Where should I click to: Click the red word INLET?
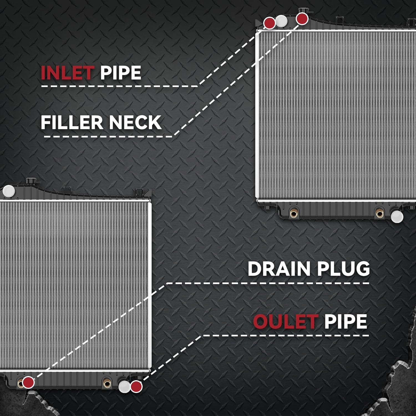(x=67, y=73)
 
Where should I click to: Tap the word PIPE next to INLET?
(x=121, y=73)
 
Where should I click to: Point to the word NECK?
(x=135, y=122)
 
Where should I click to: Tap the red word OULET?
(x=285, y=321)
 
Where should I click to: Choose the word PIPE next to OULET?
(x=346, y=321)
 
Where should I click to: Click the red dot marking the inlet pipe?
(x=269, y=23)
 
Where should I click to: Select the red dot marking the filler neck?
(x=302, y=19)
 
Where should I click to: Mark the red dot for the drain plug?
(x=28, y=382)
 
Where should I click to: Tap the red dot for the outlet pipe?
(x=136, y=387)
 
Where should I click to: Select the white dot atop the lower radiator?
(x=8, y=191)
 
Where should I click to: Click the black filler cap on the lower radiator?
(x=30, y=181)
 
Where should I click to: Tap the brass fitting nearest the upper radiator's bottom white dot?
(x=379, y=213)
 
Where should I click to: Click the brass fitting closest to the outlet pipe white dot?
(x=107, y=384)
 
